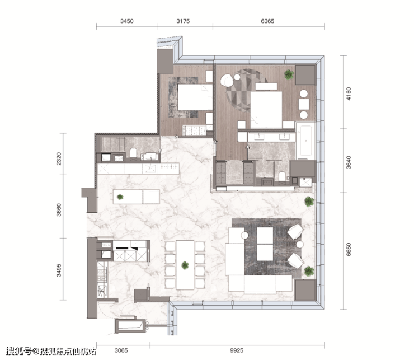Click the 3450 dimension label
pyautogui.click(x=127, y=21)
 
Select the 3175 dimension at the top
pyautogui.click(x=183, y=21)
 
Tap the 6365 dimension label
pyautogui.click(x=267, y=21)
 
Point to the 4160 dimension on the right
pyautogui.click(x=349, y=93)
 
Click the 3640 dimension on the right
pyautogui.click(x=349, y=162)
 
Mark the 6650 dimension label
pyautogui.click(x=349, y=249)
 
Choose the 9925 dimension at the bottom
pyautogui.click(x=237, y=350)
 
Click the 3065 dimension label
pyautogui.click(x=121, y=350)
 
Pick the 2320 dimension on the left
pyautogui.click(x=59, y=158)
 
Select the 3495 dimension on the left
pyautogui.click(x=59, y=270)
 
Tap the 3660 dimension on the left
pyautogui.click(x=59, y=209)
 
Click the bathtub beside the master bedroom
pyautogui.click(x=305, y=141)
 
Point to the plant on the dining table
pyautogui.click(x=185, y=265)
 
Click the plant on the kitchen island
pyautogui.click(x=120, y=197)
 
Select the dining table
pyautogui.click(x=185, y=265)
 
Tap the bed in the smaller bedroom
pyautogui.click(x=195, y=97)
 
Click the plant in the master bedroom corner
pyautogui.click(x=289, y=74)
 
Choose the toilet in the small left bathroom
pyautogui.click(x=134, y=153)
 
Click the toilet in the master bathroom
pyautogui.click(x=282, y=176)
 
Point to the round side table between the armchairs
pyautogui.click(x=300, y=245)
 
